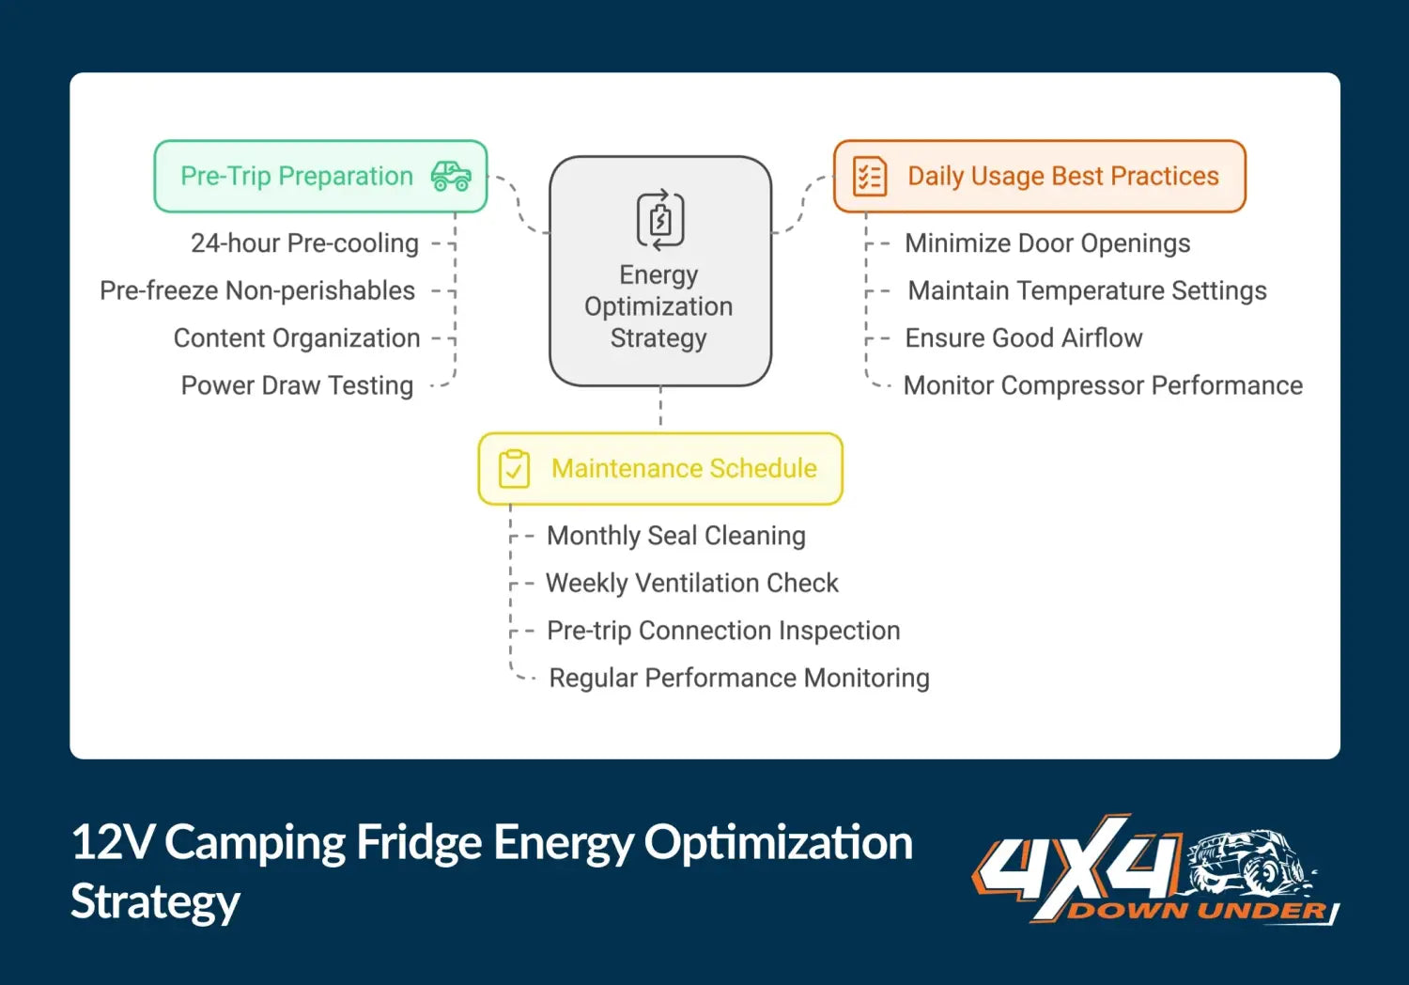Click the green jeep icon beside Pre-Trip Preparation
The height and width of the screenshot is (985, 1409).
point(451,176)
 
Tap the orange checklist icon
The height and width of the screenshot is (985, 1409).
point(870,177)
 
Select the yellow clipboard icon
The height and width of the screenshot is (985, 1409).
point(514,469)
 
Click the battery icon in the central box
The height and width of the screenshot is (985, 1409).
point(659,220)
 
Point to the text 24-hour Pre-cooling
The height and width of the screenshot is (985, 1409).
point(304,243)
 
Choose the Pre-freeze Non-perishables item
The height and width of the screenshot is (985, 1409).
point(257,290)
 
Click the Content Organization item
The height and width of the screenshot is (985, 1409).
point(297,338)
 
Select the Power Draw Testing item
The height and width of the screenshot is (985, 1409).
point(297,385)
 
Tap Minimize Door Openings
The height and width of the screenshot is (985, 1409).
point(1047,243)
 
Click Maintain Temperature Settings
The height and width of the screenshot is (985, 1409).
point(1088,290)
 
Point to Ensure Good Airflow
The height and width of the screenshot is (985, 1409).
point(1024,338)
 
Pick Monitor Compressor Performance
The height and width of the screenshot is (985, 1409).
point(1103,385)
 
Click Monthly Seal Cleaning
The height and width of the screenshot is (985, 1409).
point(676,536)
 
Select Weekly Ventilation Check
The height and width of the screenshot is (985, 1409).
point(692,583)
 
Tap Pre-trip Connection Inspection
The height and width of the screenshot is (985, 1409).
point(723,630)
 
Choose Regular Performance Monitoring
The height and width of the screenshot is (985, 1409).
point(739,678)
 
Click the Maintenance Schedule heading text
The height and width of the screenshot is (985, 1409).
point(684,468)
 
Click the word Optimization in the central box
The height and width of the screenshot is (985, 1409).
point(658,307)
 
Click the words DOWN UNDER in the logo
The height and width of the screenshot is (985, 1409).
point(1198,910)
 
